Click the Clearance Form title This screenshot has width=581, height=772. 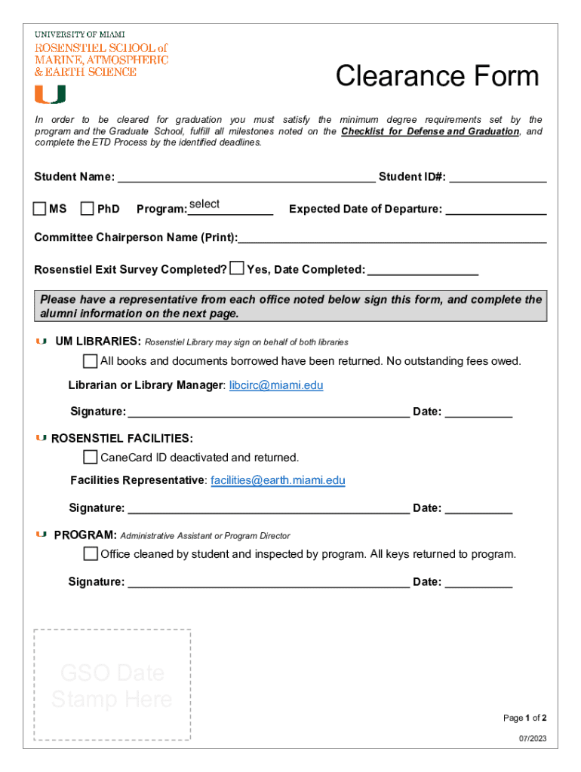click(x=437, y=77)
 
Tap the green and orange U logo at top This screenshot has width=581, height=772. click(x=50, y=94)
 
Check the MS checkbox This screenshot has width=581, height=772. click(x=40, y=208)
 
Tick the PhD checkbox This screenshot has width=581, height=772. click(x=88, y=208)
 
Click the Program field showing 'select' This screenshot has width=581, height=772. click(x=230, y=207)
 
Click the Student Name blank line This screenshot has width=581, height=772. click(x=247, y=177)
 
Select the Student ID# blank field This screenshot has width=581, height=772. click(x=498, y=177)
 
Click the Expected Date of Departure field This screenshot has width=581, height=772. click(x=496, y=209)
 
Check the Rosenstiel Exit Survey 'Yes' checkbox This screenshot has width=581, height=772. click(x=237, y=268)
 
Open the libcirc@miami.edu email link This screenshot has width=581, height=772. click(x=276, y=385)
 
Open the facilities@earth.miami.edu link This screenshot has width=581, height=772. click(x=278, y=480)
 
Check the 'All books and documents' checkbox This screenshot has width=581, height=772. click(x=91, y=361)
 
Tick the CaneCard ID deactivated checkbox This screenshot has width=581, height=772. click(x=91, y=458)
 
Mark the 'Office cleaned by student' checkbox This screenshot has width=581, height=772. click(x=91, y=554)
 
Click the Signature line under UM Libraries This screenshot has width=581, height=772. click(x=269, y=412)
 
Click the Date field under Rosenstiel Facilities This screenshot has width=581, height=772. click(x=478, y=508)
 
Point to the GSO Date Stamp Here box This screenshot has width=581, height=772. click(x=112, y=685)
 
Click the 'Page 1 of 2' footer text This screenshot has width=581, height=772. click(x=524, y=718)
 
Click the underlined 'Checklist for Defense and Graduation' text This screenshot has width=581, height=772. click(x=430, y=131)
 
